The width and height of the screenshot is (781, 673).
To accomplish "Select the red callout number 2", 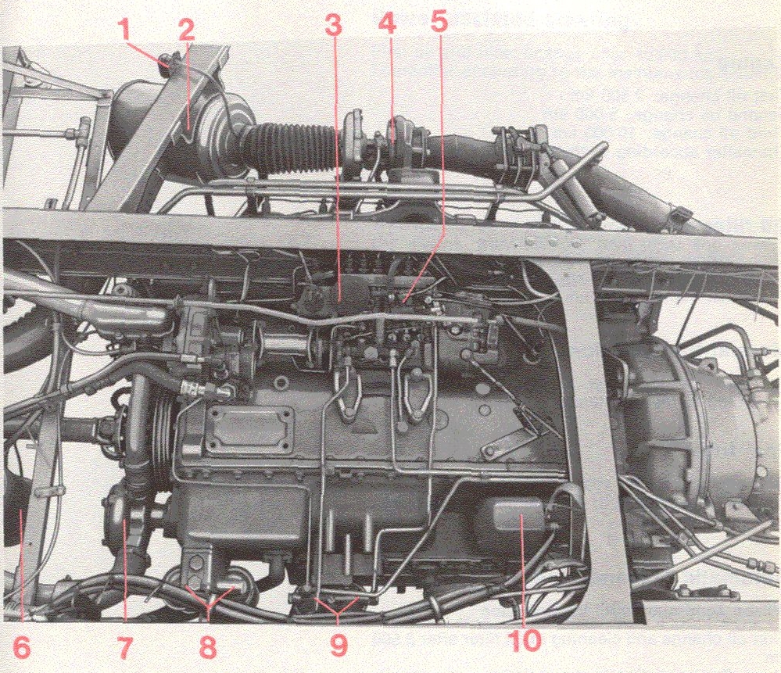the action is click(186, 30).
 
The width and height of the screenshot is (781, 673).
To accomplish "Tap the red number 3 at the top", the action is click(334, 23).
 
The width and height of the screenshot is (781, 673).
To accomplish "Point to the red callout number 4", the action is click(387, 23).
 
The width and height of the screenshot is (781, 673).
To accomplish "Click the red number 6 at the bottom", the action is click(21, 648).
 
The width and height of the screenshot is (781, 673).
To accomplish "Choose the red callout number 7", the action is click(124, 648).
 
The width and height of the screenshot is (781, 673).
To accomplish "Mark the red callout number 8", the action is click(208, 648).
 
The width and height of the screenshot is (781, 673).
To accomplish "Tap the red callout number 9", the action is click(339, 646).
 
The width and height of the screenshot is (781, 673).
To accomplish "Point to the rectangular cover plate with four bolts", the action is click(249, 429).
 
